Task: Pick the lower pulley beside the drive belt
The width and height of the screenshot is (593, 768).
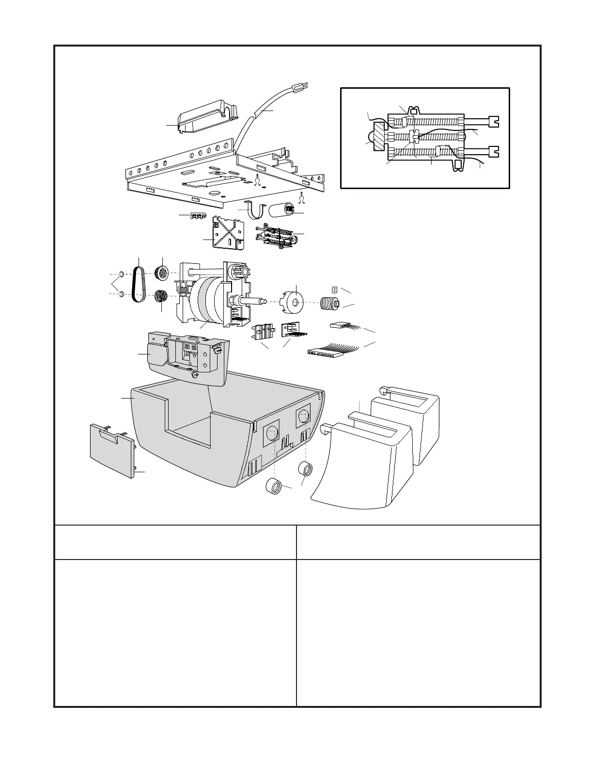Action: click(x=161, y=295)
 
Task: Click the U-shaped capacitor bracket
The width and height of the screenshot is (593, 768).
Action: click(x=256, y=209)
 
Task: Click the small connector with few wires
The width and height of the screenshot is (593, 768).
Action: click(x=340, y=325)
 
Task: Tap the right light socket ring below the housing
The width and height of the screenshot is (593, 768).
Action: click(x=306, y=469)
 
